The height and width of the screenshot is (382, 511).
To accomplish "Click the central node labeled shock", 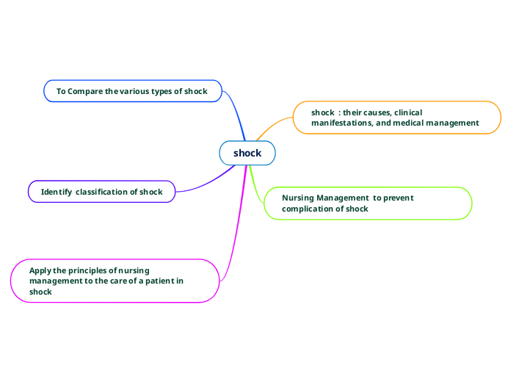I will click(x=247, y=153).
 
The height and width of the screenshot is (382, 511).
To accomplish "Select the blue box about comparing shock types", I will click(x=133, y=91).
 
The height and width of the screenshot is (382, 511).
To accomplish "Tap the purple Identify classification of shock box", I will click(x=102, y=192).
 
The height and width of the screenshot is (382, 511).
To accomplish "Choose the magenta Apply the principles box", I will click(x=115, y=281).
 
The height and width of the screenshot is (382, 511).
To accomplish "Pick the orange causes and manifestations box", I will click(x=396, y=118).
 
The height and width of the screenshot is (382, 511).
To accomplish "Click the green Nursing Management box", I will click(x=367, y=203).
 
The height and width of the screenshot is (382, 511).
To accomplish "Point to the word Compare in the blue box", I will click(x=86, y=91).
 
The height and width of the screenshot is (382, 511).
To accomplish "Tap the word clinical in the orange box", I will click(x=407, y=112).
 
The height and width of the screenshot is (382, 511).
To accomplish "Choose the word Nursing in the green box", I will click(x=298, y=198).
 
